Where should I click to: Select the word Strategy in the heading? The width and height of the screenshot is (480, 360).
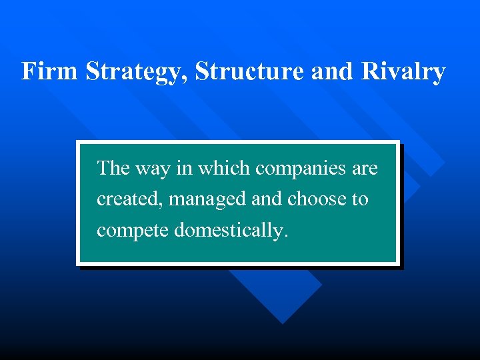(x=137, y=71)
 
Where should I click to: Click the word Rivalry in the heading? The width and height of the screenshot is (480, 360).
(x=403, y=71)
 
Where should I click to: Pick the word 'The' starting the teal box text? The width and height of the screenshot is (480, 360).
(x=113, y=169)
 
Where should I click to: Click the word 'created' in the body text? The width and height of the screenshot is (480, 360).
(x=125, y=199)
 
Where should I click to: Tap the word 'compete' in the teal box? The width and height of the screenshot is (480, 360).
(x=133, y=231)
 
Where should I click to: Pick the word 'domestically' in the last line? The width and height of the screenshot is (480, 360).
(x=229, y=231)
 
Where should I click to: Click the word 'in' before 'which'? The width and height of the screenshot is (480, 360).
(x=184, y=169)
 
